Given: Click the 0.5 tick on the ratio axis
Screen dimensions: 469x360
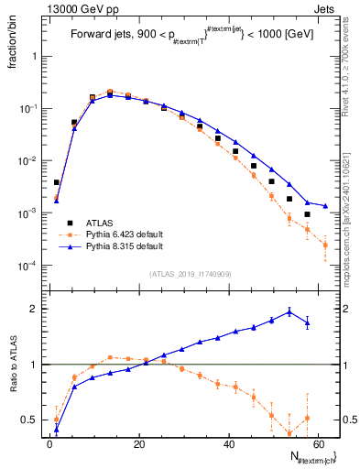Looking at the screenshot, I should click(x=34, y=420).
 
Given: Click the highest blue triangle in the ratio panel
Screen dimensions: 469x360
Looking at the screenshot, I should click(x=289, y=311).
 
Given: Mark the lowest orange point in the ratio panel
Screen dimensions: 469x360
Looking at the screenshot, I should click(x=289, y=433).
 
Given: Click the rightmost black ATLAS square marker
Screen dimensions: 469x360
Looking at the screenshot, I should click(x=307, y=214).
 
